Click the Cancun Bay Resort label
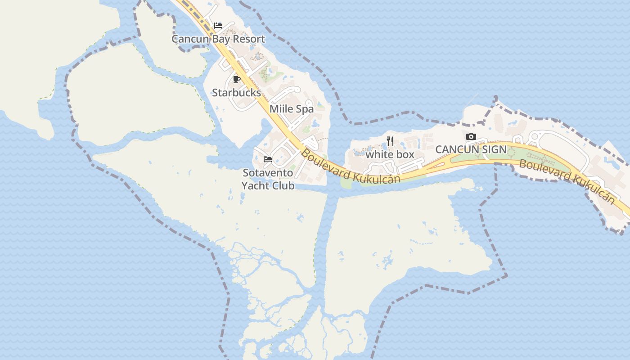coord(218,39)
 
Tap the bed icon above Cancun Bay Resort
coord(218,26)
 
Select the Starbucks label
coord(236,93)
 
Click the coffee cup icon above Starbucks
coord(237,80)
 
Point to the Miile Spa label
coord(292,109)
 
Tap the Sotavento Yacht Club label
coord(268,179)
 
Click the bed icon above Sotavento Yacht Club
coord(268,159)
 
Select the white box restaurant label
coord(390,154)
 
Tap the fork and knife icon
coord(390,141)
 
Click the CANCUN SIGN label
coord(471,149)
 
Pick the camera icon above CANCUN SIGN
coord(471,136)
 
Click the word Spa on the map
coord(305,109)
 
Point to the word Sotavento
coord(268,173)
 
